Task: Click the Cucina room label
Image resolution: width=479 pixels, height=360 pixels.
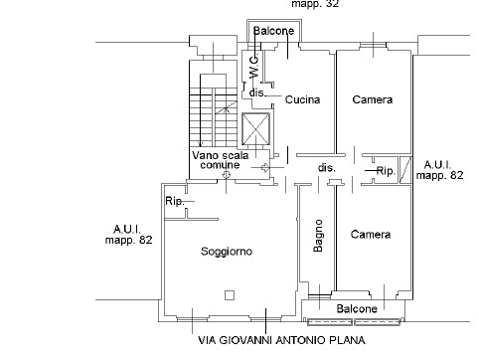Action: tap(302, 99)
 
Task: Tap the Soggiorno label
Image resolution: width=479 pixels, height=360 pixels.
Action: tap(227, 252)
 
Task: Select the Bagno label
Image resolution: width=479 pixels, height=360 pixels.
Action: tap(318, 236)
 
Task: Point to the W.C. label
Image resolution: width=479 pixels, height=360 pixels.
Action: tap(254, 67)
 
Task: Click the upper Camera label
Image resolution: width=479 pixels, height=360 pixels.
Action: tap(373, 99)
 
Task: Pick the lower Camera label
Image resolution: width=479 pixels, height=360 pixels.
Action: tap(371, 235)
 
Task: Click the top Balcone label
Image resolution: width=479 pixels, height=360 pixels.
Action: tap(273, 31)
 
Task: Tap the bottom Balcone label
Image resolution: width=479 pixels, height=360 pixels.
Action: tap(357, 309)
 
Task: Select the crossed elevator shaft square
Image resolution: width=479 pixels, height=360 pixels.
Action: tap(255, 129)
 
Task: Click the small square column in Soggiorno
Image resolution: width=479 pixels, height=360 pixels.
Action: tap(230, 295)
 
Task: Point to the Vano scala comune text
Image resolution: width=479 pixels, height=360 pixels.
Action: tap(221, 160)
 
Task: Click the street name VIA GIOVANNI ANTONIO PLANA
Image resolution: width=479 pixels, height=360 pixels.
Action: tap(281, 340)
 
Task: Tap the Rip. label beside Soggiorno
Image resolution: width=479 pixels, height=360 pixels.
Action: tap(175, 201)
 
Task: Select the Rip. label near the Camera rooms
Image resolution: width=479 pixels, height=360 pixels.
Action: tap(387, 171)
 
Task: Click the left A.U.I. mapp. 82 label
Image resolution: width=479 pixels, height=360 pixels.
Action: tap(128, 235)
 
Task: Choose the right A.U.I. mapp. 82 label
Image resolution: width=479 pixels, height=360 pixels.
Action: tap(439, 170)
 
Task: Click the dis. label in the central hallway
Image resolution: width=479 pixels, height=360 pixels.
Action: tap(327, 168)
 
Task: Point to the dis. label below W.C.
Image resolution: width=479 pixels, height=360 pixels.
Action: tap(257, 92)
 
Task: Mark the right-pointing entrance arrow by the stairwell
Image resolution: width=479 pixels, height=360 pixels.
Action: tap(266, 167)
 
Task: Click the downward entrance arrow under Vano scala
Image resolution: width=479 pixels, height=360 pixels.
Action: tap(226, 174)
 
